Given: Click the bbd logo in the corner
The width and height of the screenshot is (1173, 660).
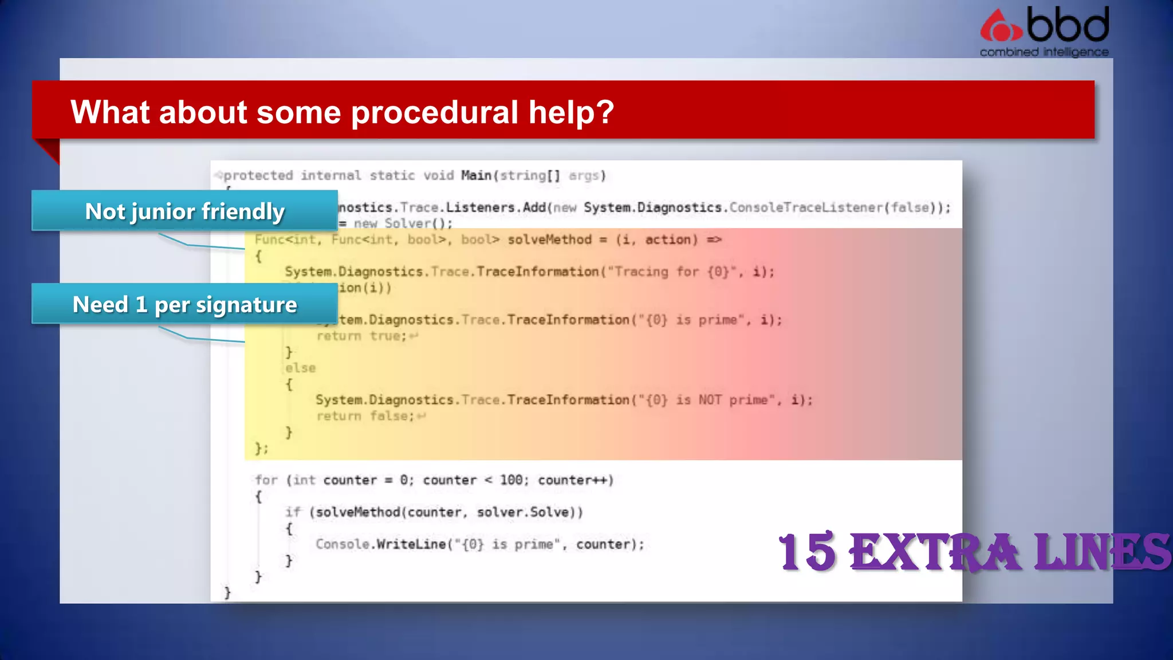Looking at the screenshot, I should [1045, 26].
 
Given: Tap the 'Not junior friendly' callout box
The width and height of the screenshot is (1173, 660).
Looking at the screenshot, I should [184, 211].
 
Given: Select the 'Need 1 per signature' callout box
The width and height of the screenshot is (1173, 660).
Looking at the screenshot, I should [184, 304].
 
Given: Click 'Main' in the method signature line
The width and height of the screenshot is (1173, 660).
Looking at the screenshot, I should [477, 175].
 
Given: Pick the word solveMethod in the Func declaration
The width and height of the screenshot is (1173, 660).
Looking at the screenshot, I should [549, 239].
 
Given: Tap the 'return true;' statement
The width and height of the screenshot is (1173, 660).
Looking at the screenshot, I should [361, 336].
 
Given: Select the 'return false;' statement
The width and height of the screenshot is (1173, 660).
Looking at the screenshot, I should [365, 416].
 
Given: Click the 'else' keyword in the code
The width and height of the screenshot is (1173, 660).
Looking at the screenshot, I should [301, 368].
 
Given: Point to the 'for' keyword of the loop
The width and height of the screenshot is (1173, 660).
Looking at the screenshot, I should [266, 480].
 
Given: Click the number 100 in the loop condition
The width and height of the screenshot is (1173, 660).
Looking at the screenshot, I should [511, 480].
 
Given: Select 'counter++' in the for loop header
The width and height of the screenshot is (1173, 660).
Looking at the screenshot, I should [575, 480].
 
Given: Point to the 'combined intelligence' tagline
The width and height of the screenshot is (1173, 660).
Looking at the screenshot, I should [1044, 52].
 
